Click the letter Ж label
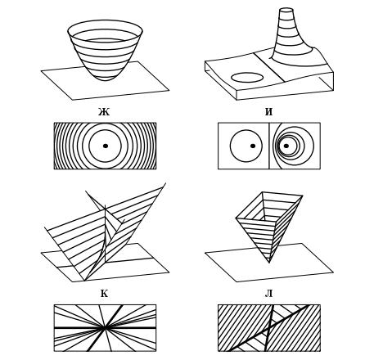(x=104, y=112)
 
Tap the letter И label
(x=268, y=112)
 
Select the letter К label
(x=104, y=294)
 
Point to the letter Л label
(x=269, y=294)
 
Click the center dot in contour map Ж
(x=106, y=146)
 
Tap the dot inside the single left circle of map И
(x=253, y=146)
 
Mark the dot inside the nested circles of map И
(x=286, y=146)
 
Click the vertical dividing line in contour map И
(x=269, y=146)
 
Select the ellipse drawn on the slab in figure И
(x=247, y=77)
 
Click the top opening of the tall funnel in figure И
(x=286, y=10)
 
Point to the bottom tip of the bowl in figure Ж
(x=105, y=80)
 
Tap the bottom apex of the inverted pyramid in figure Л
(x=269, y=263)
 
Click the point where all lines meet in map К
(x=104, y=327)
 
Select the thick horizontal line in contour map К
(x=105, y=327)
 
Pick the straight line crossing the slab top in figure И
(x=269, y=66)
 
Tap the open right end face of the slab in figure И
(x=327, y=81)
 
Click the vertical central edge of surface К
(x=105, y=234)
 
